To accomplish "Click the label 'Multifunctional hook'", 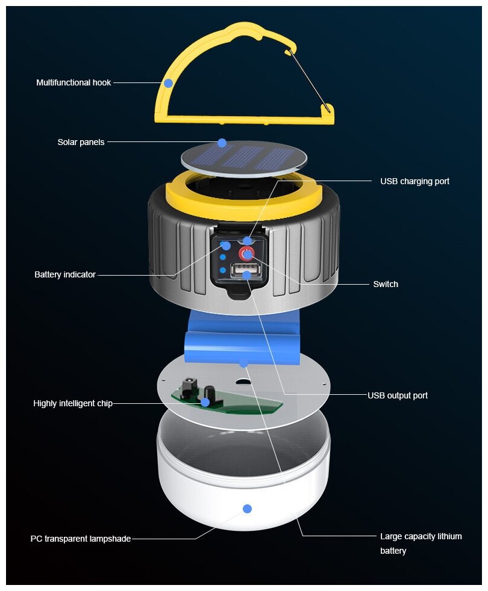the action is (x=74, y=82).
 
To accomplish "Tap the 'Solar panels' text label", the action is (x=81, y=142).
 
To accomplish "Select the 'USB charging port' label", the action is (x=414, y=181).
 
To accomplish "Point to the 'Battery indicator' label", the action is (x=65, y=274).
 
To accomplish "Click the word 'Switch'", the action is (x=386, y=284).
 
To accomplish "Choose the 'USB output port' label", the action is (x=398, y=395).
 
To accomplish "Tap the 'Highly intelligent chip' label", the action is (x=73, y=403).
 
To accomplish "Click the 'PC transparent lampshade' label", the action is (x=81, y=539).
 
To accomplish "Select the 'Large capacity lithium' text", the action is (x=421, y=536).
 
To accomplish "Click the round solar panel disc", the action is (x=243, y=158).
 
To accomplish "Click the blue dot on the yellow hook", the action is (x=168, y=83).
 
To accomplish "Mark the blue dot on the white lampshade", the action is (x=247, y=509).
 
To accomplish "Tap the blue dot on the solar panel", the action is (x=222, y=143).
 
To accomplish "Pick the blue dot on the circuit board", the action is (x=205, y=402).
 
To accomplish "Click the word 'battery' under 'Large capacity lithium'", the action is (x=393, y=551).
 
